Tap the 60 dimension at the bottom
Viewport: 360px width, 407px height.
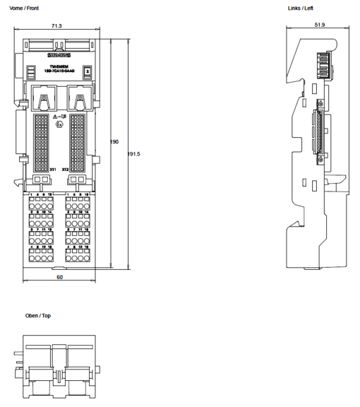click(59, 278)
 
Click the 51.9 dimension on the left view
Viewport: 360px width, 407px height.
click(319, 25)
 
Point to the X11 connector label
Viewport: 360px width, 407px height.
click(52, 170)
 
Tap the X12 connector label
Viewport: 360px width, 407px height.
click(65, 170)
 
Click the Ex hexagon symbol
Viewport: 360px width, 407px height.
click(59, 124)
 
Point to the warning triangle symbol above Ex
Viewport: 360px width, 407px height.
click(56, 115)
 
